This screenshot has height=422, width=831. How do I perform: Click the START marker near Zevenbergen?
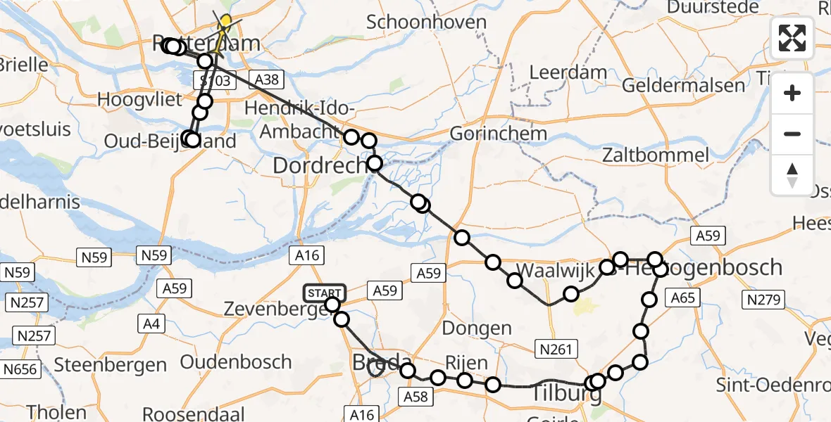(x=325, y=292)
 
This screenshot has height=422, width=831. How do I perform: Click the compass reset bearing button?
(x=792, y=175)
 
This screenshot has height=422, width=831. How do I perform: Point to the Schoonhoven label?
(x=436, y=23)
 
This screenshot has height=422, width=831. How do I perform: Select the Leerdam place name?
(x=558, y=72)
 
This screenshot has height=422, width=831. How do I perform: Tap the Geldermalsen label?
(x=683, y=86)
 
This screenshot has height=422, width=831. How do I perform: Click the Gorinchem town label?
(x=498, y=133)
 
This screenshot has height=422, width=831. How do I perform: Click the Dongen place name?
(x=477, y=328)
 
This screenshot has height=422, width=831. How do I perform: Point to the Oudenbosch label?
(x=236, y=362)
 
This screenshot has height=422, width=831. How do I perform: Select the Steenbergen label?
(x=110, y=365)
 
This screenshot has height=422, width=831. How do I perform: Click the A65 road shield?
(x=683, y=298)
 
